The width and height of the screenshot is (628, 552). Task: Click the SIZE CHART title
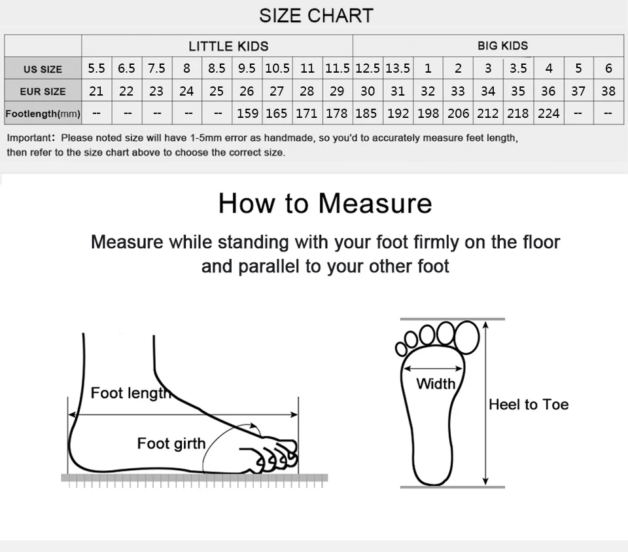tap(316, 16)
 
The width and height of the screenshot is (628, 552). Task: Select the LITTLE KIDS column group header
tap(228, 46)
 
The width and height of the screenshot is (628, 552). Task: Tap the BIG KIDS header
tap(502, 46)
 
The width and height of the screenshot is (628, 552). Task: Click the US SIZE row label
tap(43, 69)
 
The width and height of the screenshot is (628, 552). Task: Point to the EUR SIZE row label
tap(43, 92)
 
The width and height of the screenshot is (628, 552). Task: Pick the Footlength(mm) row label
tap(43, 114)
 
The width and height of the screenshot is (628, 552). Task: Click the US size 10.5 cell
tap(277, 68)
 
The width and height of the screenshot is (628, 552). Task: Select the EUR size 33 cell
tap(458, 91)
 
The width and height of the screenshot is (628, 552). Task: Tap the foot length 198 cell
tap(428, 113)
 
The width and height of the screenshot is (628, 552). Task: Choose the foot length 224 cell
tap(548, 113)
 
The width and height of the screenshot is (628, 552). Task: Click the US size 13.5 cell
tap(398, 68)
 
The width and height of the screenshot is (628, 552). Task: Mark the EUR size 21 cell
tap(96, 91)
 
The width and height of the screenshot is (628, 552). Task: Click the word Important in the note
tap(29, 138)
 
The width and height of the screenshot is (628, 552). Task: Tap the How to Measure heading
tap(325, 203)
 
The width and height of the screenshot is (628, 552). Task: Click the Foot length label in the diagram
tap(131, 393)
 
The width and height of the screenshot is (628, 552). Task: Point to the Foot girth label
tap(171, 443)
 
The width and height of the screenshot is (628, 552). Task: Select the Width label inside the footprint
tap(436, 384)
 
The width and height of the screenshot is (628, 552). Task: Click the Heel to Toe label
tap(529, 404)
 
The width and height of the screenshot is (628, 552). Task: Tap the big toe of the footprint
tap(466, 337)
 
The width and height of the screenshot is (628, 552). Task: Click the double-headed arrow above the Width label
tap(433, 369)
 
